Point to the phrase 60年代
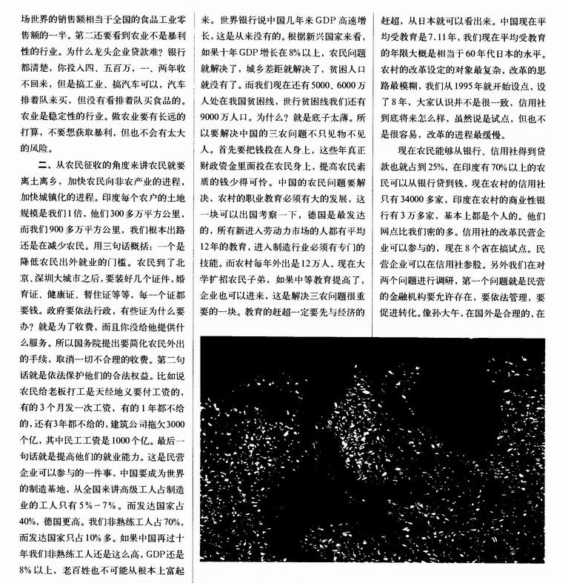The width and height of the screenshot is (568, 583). pyautogui.click(x=468, y=47)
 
